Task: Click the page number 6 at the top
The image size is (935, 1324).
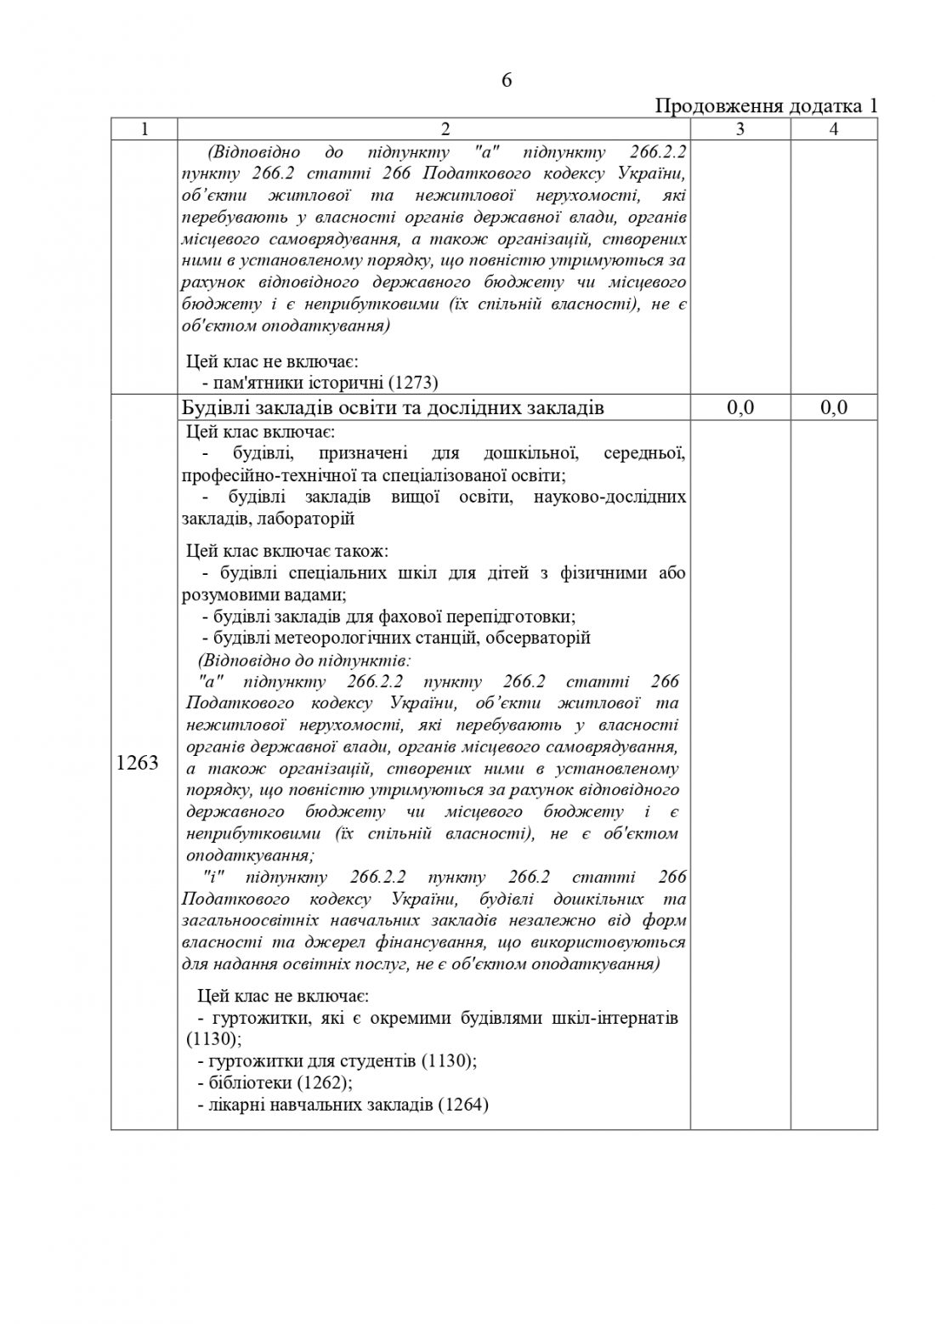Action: (x=507, y=81)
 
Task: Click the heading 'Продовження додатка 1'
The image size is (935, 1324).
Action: (x=765, y=107)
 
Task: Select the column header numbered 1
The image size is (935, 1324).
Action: (x=144, y=129)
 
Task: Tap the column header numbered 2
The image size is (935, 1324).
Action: (x=433, y=129)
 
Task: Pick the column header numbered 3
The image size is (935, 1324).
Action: (x=739, y=129)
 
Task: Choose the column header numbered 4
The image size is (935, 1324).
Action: (x=834, y=129)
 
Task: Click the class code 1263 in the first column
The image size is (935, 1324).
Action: (x=138, y=763)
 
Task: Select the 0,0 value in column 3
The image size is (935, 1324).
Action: (x=739, y=408)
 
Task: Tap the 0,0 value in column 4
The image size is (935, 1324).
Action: (x=834, y=408)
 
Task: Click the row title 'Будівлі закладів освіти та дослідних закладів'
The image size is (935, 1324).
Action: (x=393, y=408)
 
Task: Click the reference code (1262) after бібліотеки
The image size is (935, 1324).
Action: (x=324, y=1083)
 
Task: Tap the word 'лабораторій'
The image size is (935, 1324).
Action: (x=311, y=518)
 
